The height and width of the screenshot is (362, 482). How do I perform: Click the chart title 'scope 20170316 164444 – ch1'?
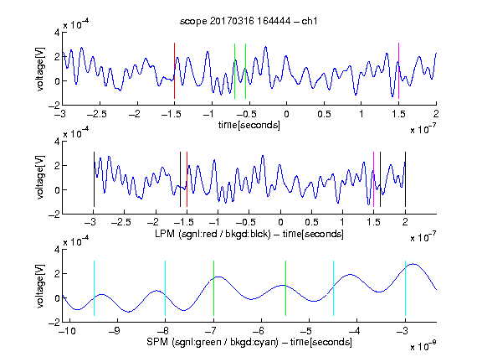[x=249, y=21]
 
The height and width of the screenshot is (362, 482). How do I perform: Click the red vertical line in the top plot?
[x=174, y=70]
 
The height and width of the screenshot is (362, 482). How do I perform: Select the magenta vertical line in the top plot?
[x=398, y=70]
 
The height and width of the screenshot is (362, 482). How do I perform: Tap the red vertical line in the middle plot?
[x=187, y=179]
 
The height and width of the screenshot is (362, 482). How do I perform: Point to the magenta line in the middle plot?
[x=373, y=179]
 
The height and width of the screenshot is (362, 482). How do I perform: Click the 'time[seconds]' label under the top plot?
[x=249, y=125]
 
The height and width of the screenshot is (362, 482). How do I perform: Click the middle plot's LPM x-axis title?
[x=249, y=234]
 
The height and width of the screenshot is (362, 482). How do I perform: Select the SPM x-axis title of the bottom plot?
[x=249, y=342]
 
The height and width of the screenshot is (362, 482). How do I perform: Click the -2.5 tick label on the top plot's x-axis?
[x=97, y=114]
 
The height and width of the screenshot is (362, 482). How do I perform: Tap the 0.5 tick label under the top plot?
[x=324, y=114]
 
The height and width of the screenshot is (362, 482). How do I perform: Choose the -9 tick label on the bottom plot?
[x=115, y=331]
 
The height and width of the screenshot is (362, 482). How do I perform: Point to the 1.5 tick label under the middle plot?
[x=373, y=222]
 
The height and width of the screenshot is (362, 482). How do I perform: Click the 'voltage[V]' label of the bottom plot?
[x=40, y=287]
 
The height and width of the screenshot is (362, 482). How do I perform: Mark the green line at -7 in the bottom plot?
[x=213, y=288]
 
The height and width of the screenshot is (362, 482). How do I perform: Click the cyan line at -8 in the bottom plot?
[x=166, y=288]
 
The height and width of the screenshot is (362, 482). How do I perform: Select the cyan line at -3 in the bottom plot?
[x=406, y=288]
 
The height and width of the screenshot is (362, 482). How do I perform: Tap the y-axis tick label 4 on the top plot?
[x=57, y=33]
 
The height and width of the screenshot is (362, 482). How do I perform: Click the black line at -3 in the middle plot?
[x=94, y=179]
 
